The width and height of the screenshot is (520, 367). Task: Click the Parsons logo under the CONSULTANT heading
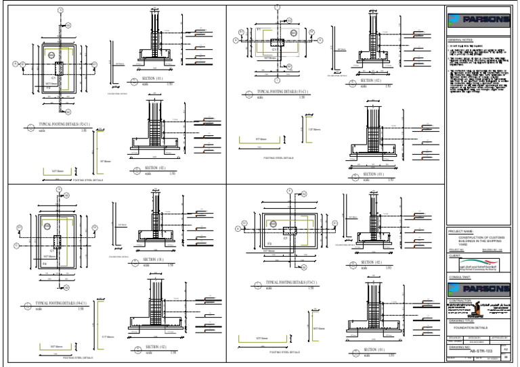tap(478, 289)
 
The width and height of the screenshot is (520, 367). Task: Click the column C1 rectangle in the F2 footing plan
tap(58, 68)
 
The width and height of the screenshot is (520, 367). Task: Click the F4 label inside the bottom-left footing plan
tap(45, 262)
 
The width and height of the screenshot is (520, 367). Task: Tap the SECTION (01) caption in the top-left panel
tap(150, 78)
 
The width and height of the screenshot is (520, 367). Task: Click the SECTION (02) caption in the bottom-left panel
tap(155, 347)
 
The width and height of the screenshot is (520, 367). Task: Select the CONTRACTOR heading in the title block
tap(460, 299)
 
